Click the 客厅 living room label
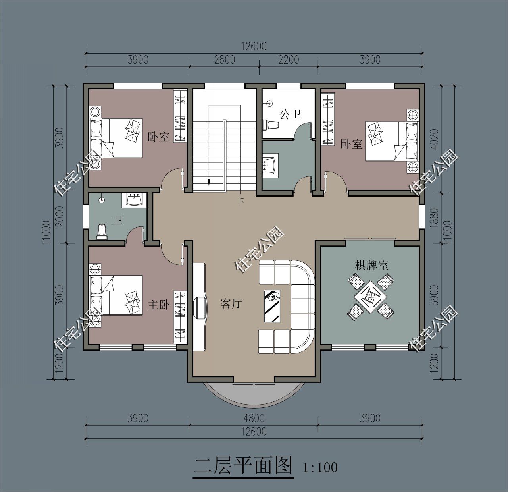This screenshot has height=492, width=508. point(231,304)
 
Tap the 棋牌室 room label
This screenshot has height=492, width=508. point(371,266)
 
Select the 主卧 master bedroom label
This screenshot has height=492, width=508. point(159,305)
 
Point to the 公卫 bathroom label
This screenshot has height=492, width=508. point(291,115)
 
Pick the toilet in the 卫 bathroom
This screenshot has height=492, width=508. point(102,232)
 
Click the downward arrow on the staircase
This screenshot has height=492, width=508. point(208,181)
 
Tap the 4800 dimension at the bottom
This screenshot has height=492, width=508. point(254,418)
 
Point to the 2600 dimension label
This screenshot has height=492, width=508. point(224,60)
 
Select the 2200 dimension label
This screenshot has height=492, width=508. point(288,60)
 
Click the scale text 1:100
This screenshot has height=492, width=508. point(320,467)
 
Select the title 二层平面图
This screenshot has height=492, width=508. point(243,466)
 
